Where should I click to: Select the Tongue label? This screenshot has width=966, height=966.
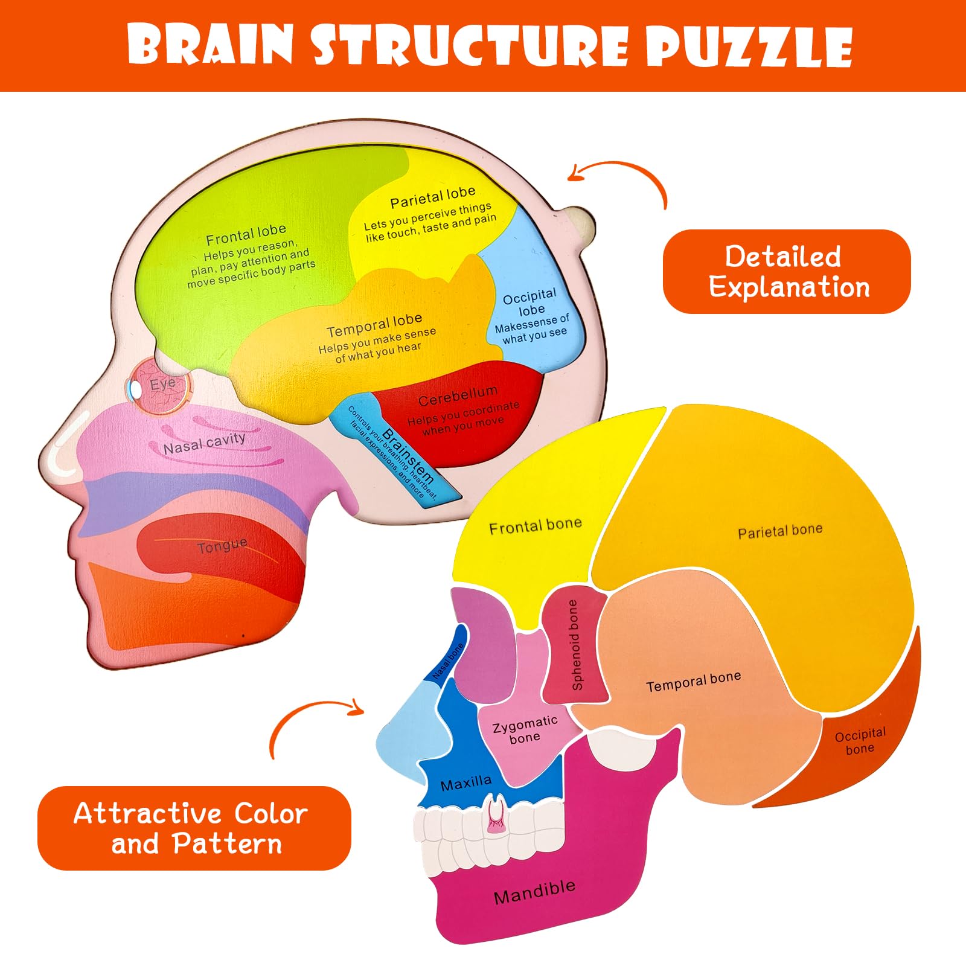(x=222, y=546)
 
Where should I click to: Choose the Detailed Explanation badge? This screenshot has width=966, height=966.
(x=786, y=272)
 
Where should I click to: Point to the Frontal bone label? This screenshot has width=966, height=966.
(x=536, y=526)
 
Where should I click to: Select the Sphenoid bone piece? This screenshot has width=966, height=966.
(x=575, y=645)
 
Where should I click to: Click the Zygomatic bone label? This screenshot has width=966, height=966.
(x=525, y=729)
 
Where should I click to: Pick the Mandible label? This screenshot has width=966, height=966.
(x=534, y=892)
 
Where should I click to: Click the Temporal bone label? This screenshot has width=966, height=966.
(x=693, y=682)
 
